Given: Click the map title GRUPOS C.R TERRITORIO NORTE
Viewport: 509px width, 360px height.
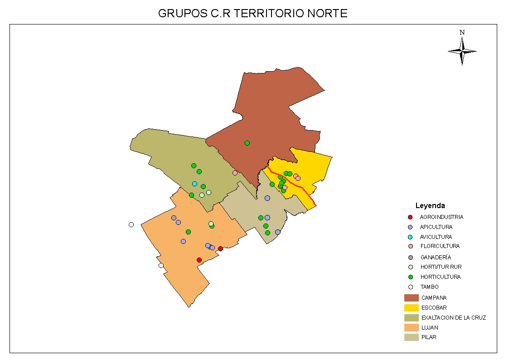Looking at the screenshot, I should (x=252, y=14).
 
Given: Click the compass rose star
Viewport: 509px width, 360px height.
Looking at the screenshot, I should (x=462, y=51).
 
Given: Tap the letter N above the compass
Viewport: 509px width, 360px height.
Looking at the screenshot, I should (x=462, y=33).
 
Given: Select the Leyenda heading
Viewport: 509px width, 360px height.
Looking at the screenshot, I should (x=430, y=206).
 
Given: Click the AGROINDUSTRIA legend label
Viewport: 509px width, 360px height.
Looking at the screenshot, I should (x=441, y=217).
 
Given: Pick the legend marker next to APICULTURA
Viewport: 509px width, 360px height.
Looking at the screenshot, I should (x=410, y=227).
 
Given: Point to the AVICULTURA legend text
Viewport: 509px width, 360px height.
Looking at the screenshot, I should (x=436, y=237).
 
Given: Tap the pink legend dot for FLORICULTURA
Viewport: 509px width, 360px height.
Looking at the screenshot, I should (x=410, y=247).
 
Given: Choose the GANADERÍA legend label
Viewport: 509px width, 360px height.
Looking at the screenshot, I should (x=435, y=258).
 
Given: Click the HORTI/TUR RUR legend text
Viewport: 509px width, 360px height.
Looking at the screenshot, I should (x=441, y=267).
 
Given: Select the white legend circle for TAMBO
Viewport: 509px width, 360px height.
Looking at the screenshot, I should (x=410, y=287).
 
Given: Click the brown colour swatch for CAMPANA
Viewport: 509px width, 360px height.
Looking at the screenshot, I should (x=411, y=298).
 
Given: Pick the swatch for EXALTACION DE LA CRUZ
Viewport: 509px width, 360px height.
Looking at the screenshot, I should (x=411, y=318).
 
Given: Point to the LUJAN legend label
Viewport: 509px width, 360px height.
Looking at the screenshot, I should (x=430, y=328).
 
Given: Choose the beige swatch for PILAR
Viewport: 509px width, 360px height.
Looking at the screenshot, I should (x=411, y=337).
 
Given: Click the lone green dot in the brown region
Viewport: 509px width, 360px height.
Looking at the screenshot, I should (x=247, y=143).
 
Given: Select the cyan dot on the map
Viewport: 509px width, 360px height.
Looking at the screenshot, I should (x=194, y=184).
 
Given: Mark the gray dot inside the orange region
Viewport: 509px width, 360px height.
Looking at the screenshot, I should (x=174, y=218).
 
